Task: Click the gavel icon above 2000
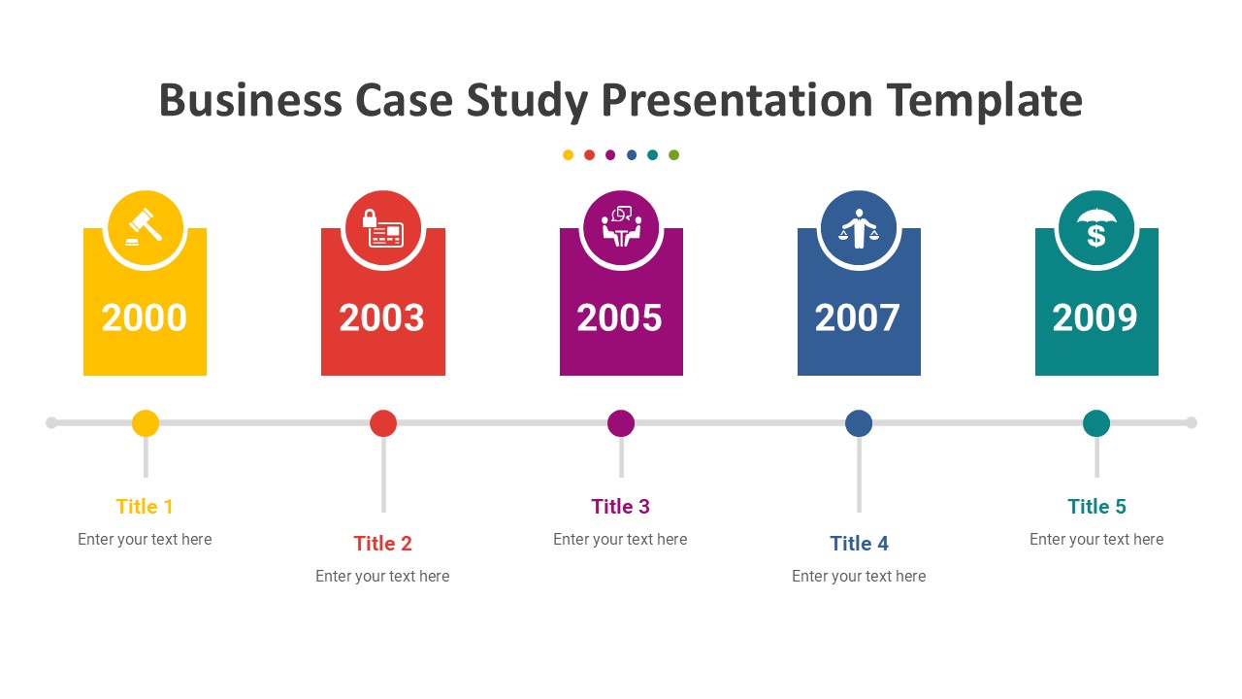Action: pos(145,229)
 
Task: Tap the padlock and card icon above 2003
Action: pos(382,229)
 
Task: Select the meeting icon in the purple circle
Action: pos(621,229)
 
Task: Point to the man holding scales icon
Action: pos(859,229)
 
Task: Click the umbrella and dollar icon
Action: pos(1096,229)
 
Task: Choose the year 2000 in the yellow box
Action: pos(145,318)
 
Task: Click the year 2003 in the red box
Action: pos(382,318)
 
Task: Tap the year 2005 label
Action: pos(620,318)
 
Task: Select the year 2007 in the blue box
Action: pos(858,318)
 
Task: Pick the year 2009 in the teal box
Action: pos(1095,318)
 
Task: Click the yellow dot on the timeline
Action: pos(146,423)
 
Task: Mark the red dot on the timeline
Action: pos(383,423)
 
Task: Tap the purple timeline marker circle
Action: pos(621,423)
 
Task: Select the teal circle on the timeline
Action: pos(1096,423)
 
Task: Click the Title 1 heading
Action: pos(145,507)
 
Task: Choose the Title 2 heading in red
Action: pos(382,544)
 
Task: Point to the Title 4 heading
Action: pos(859,544)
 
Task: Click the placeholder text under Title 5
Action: pos(1096,540)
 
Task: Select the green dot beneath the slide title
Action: pos(674,155)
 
